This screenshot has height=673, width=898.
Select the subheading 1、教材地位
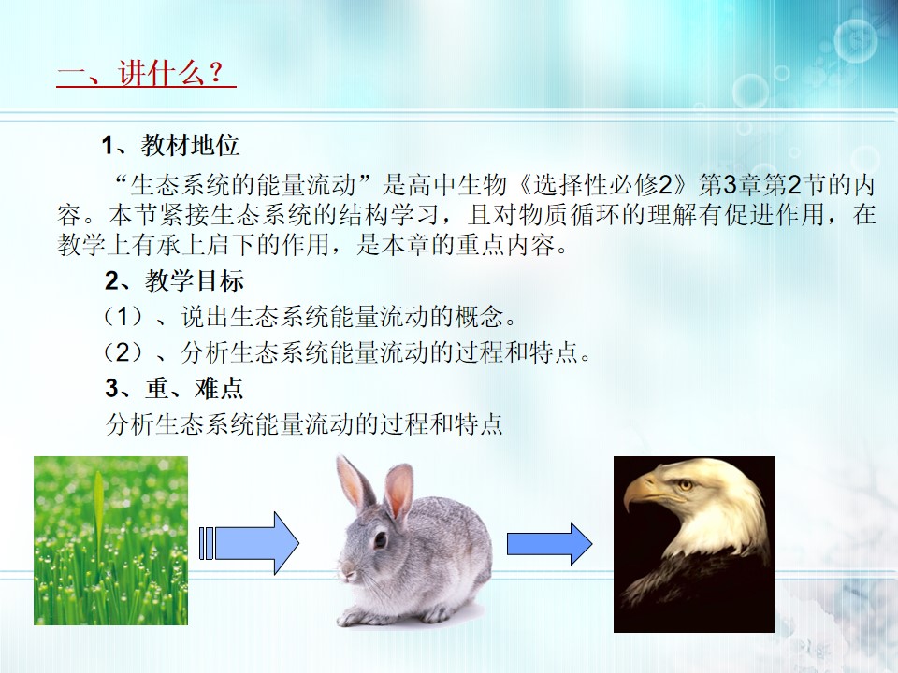170,146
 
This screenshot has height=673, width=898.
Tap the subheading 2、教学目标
174,281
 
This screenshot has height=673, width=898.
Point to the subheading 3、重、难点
174,389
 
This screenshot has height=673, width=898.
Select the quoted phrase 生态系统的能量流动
243,184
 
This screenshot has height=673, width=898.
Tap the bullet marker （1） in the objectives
123,317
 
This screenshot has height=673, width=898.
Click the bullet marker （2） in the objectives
123,352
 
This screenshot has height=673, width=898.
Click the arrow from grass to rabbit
249,543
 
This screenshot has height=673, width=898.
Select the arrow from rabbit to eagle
549,544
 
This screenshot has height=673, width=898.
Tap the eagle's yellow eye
685,485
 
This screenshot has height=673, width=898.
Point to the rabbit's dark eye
381,538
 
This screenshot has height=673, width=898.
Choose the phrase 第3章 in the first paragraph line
731,184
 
